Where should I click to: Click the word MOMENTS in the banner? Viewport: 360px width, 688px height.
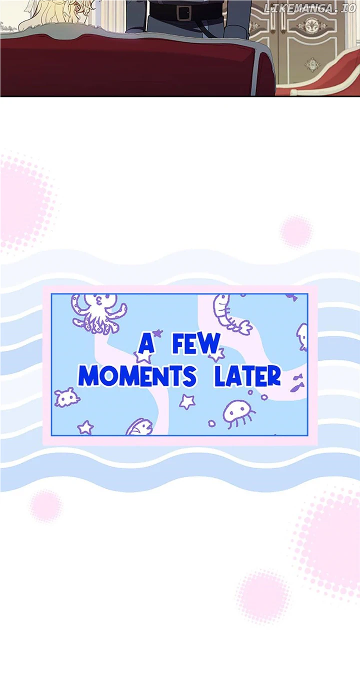pos(137,376)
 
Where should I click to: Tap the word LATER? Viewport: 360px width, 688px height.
pos(247,376)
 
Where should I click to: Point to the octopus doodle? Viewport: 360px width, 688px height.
pos(99,313)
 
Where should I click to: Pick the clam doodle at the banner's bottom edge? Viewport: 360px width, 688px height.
pos(139,427)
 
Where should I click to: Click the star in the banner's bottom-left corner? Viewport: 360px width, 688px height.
pos(85,427)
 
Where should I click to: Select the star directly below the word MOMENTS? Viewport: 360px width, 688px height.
pos(187,402)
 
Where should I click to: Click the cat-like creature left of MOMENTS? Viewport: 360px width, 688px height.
pos(66,397)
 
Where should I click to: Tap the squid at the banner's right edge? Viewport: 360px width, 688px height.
pos(302,337)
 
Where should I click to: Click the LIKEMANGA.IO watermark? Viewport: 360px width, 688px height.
pos(310,8)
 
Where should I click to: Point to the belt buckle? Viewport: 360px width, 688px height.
pos(184,13)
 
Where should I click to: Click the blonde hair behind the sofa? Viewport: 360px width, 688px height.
pos(55,14)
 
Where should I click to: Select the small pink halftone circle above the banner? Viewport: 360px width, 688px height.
pos(295,232)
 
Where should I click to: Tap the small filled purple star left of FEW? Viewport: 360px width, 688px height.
pos(157,333)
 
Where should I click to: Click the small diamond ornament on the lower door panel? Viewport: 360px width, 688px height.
pos(312,65)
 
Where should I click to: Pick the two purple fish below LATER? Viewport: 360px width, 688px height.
pos(297,383)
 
